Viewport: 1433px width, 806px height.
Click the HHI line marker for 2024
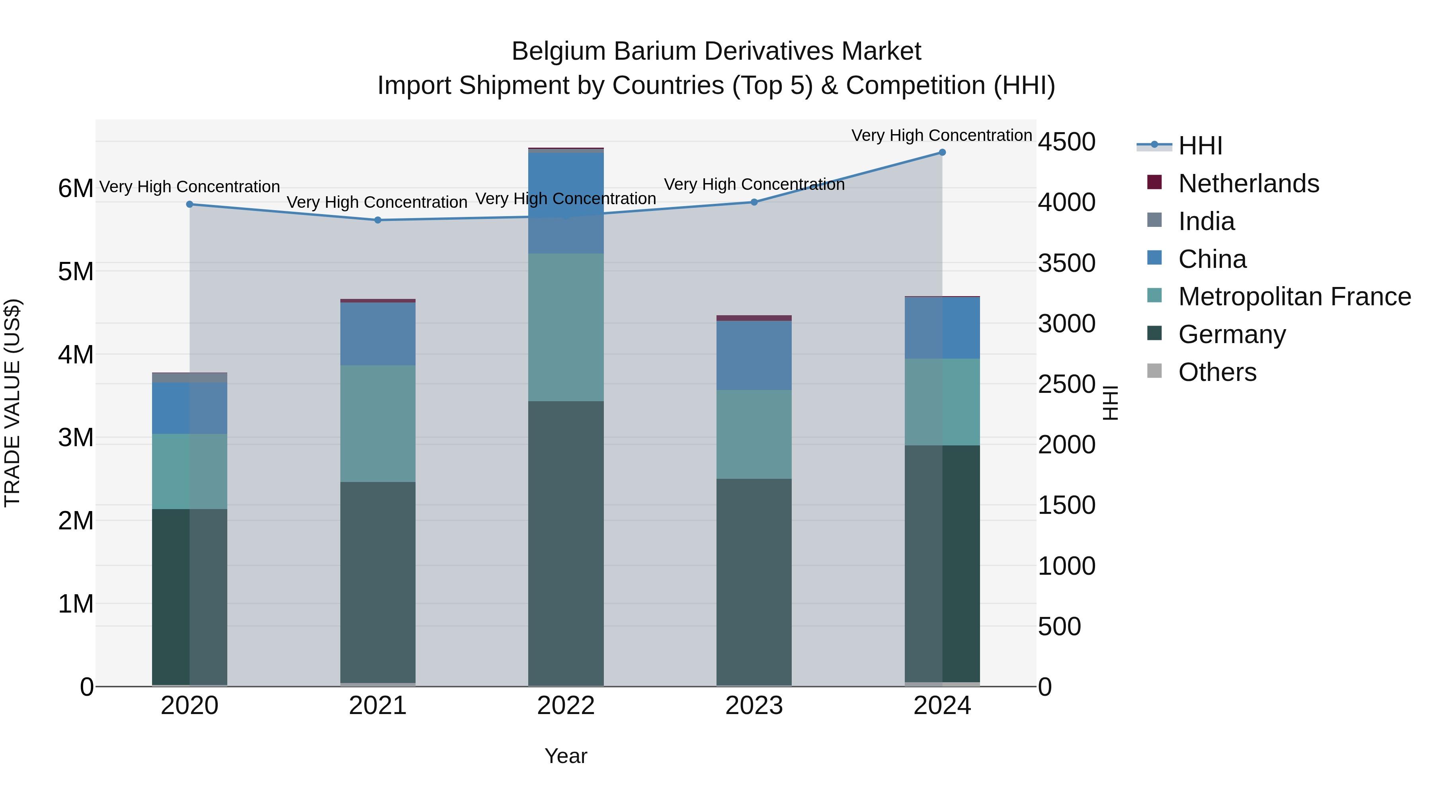(942, 152)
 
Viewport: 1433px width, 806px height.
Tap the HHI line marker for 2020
(190, 204)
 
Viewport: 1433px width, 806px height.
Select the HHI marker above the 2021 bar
(378, 220)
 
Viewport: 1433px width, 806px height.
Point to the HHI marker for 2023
(754, 202)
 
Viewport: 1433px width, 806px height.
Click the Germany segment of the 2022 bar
(566, 543)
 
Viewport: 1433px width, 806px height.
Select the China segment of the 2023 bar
(754, 355)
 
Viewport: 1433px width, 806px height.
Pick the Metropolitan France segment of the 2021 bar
(378, 423)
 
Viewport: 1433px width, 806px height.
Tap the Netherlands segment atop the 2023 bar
(754, 318)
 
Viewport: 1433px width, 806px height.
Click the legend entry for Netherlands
(1248, 183)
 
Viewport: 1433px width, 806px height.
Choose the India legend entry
(1206, 221)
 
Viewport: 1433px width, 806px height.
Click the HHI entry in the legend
(1200, 146)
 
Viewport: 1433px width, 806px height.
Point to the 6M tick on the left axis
(76, 189)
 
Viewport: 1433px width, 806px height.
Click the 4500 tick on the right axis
(1066, 141)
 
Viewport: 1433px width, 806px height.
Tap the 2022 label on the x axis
(566, 705)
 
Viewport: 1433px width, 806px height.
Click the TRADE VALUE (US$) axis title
(12, 403)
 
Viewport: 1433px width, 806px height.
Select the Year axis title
(566, 756)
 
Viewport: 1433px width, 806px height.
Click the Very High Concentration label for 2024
(941, 135)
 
